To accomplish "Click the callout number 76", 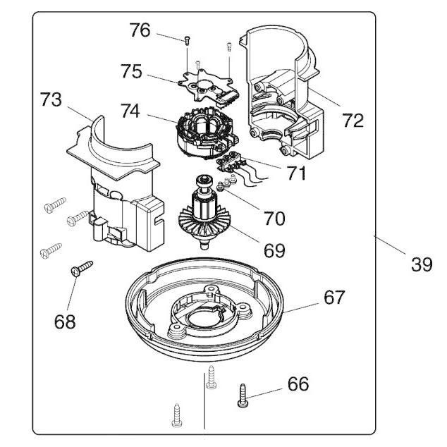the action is point(140,30).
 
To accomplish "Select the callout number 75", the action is point(131,71).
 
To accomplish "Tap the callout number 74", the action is point(130,111).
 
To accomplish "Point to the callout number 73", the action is point(51,99).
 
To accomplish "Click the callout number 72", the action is point(353,121).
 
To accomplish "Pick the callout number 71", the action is point(296,173).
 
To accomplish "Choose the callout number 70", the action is point(274,219).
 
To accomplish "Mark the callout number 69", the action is point(274,250).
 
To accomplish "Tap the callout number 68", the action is point(65,322).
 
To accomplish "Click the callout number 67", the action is point(334,297).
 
